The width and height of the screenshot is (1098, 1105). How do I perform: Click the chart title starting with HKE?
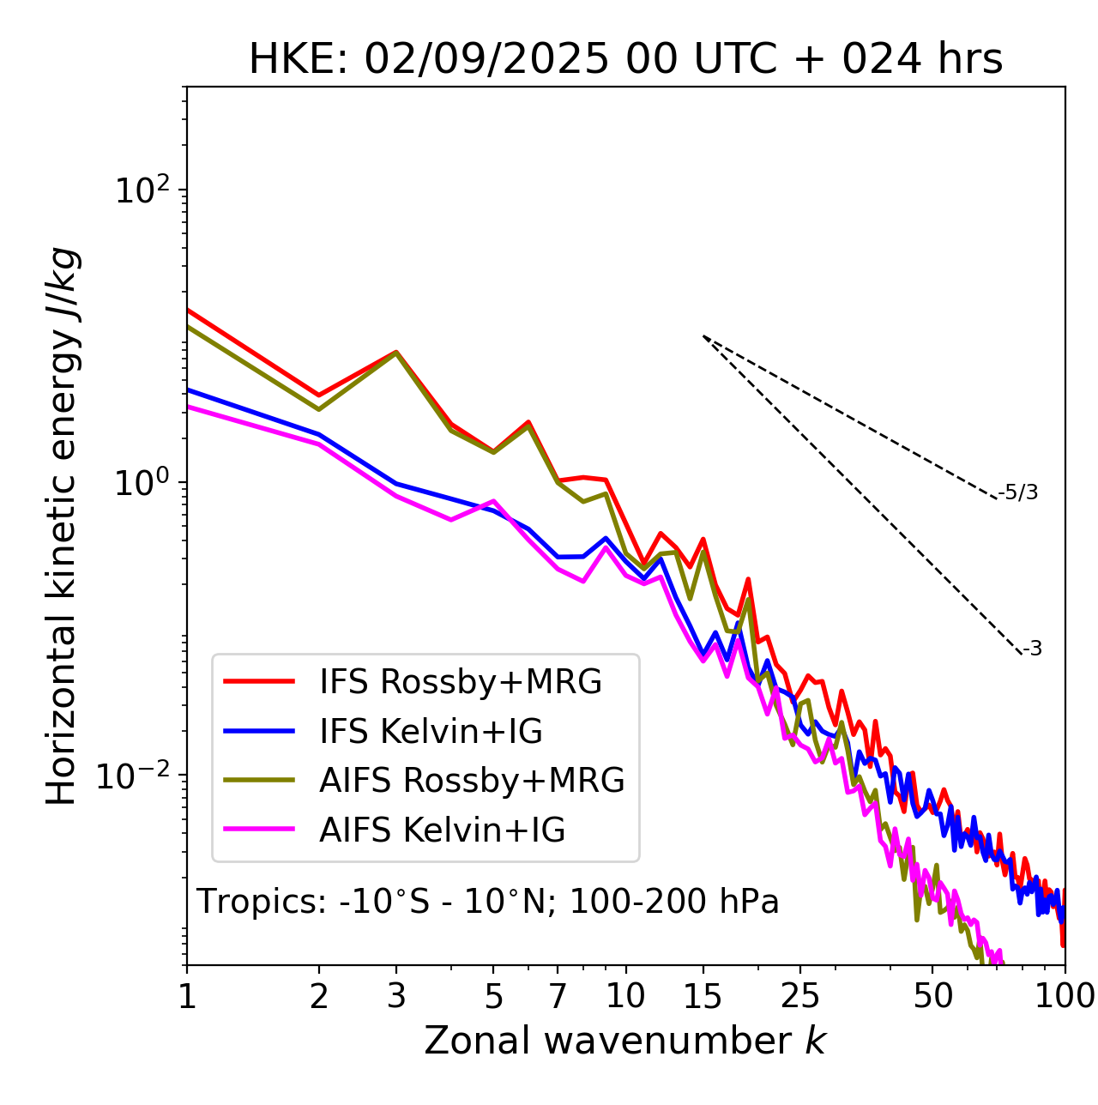point(625,60)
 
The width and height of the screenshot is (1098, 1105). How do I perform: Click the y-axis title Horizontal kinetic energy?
point(63,526)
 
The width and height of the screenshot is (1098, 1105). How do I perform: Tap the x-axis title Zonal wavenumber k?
point(625,1040)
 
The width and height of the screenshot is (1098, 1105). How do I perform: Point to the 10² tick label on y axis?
point(141,190)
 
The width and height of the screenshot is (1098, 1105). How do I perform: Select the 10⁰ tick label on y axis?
point(141,482)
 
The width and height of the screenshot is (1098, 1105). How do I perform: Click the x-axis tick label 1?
point(187,995)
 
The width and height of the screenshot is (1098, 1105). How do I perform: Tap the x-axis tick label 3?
point(395,995)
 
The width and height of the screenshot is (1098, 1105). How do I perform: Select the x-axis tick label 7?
point(558,995)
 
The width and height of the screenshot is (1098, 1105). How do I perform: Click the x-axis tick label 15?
point(703,995)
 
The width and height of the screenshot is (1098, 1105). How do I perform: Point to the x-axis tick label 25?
point(800,995)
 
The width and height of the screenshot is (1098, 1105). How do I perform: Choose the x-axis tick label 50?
point(932,995)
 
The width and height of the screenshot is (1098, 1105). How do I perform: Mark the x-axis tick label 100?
point(1064,995)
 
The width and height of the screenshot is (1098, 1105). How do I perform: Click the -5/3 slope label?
point(1019,492)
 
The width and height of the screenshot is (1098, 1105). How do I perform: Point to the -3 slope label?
point(1033,649)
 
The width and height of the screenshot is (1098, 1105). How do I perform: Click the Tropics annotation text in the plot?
point(488,903)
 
